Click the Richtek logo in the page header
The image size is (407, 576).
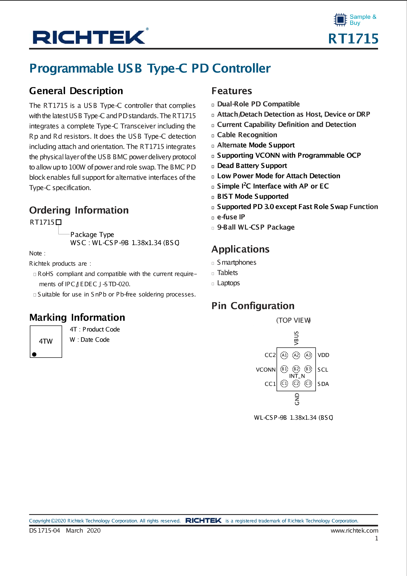pos(89,37)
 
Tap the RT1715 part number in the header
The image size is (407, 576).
pos(353,39)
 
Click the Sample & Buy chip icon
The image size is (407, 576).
pos(340,20)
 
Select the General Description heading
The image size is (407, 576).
pos(76,91)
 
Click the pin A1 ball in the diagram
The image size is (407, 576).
pos(284,355)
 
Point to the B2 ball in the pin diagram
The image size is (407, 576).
pos(296,369)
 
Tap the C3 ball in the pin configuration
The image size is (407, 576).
pos(308,383)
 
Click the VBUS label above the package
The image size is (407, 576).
pos(296,338)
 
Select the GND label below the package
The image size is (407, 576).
pos(297,399)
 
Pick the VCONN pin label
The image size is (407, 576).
pos(266,370)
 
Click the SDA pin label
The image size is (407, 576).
pos(323,384)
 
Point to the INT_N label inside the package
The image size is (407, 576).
pos(297,376)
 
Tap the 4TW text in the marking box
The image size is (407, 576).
pos(46,341)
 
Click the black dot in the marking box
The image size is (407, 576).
pos(34,354)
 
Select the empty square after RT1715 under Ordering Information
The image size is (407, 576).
pos(59,222)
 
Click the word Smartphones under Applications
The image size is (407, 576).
pos(237,262)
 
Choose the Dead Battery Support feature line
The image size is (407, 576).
pos(252,166)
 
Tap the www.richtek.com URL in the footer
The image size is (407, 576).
pos(354,530)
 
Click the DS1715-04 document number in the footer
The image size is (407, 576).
pos(45,530)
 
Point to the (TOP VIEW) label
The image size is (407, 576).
pos(293,320)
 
